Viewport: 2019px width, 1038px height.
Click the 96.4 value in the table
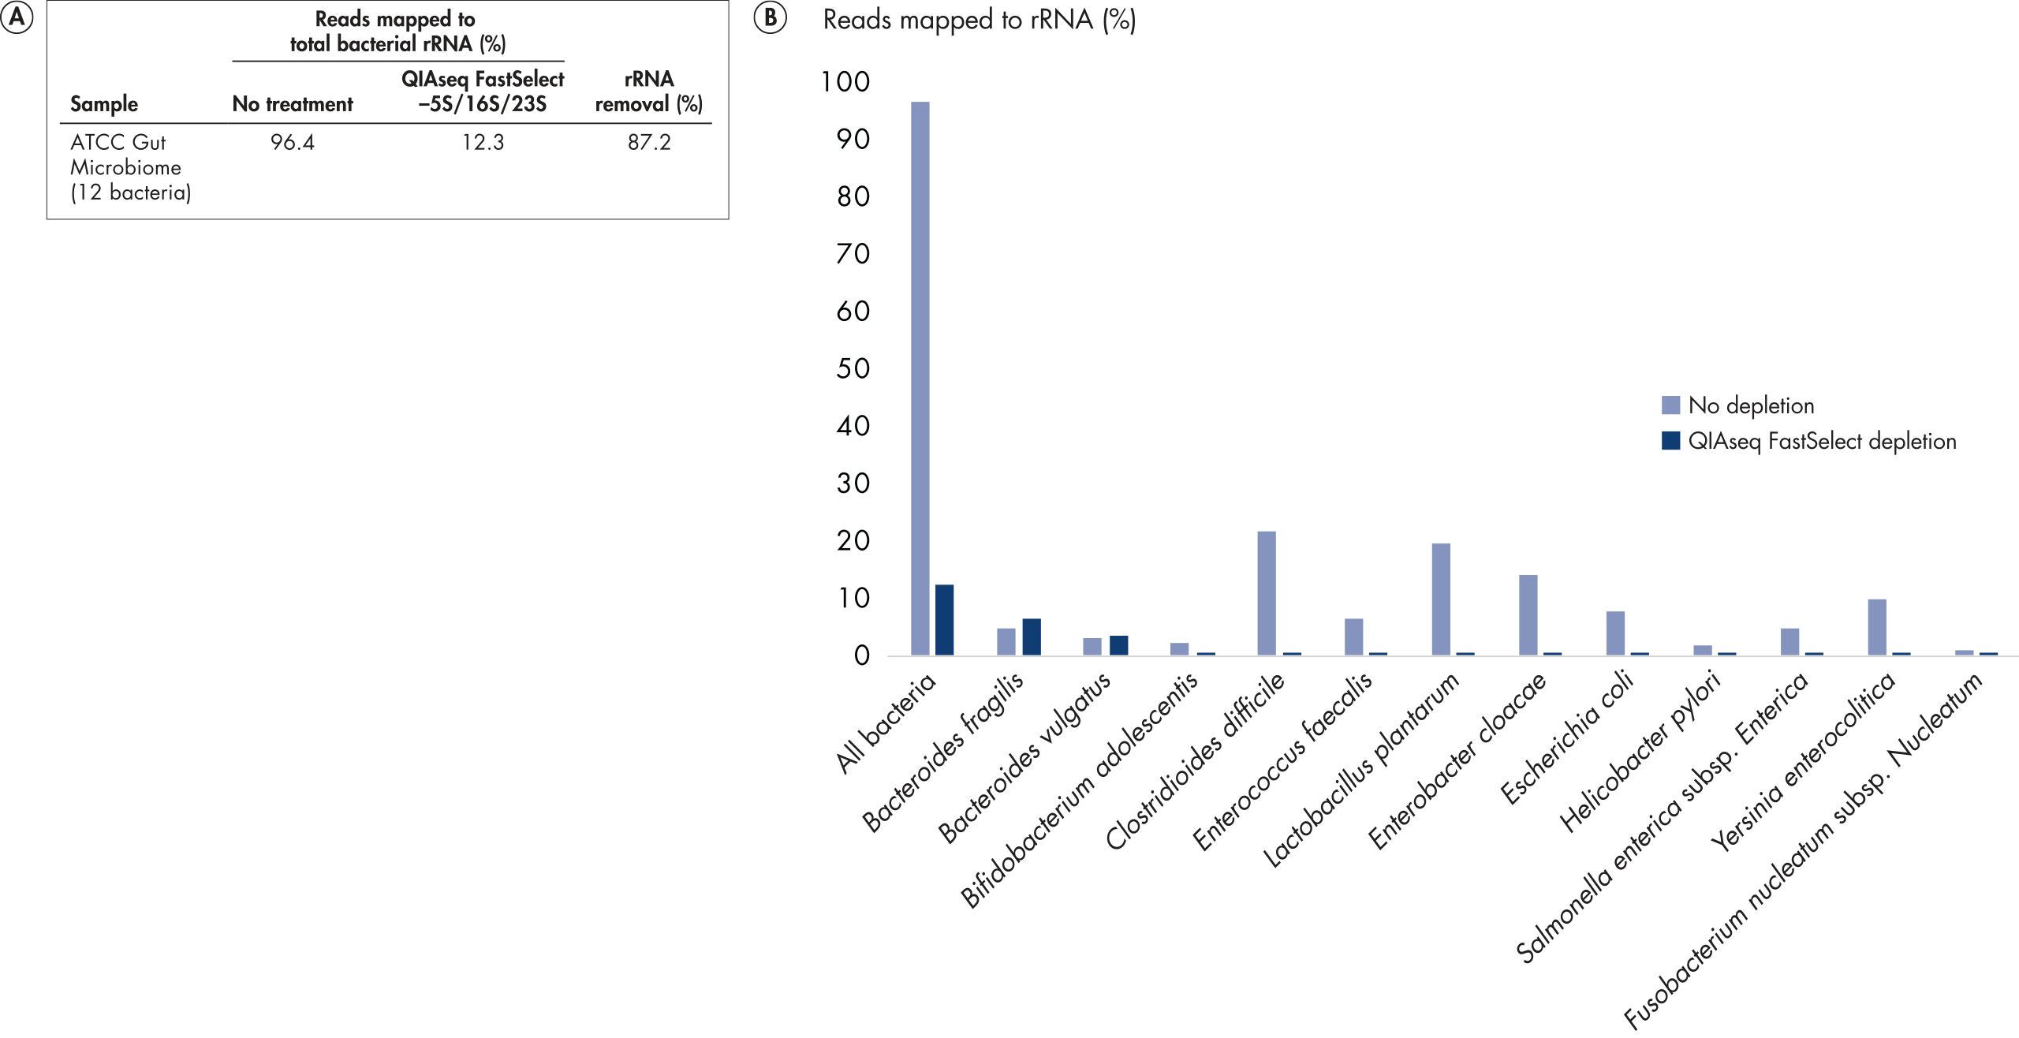click(x=292, y=142)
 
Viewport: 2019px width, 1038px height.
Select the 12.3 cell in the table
click(x=483, y=142)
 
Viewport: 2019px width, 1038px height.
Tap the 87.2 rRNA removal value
click(x=649, y=142)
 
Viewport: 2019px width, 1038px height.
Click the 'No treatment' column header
click(x=293, y=104)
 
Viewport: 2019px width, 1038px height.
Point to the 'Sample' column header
click(x=104, y=104)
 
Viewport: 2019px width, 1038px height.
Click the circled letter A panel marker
click(x=17, y=17)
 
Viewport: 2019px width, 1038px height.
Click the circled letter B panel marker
click(x=770, y=17)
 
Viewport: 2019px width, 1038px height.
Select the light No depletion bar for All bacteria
click(x=920, y=379)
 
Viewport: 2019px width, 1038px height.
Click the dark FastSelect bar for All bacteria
click(x=944, y=620)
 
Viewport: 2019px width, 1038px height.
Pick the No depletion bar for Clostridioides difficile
click(x=1266, y=593)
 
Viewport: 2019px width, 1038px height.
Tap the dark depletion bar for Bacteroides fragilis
click(x=1031, y=637)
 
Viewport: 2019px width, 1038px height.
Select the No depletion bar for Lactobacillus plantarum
click(x=1440, y=599)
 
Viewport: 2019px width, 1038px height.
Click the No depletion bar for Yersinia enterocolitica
click(x=1876, y=627)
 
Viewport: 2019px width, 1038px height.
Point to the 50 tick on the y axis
click(x=853, y=368)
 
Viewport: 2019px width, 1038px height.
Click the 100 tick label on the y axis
click(x=845, y=82)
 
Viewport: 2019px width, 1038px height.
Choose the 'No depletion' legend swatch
click(x=1670, y=405)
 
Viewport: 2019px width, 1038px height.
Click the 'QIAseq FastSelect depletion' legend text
click(x=1822, y=441)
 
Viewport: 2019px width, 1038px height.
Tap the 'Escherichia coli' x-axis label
click(x=1566, y=737)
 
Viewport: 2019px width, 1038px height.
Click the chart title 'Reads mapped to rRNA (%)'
click(x=979, y=20)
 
